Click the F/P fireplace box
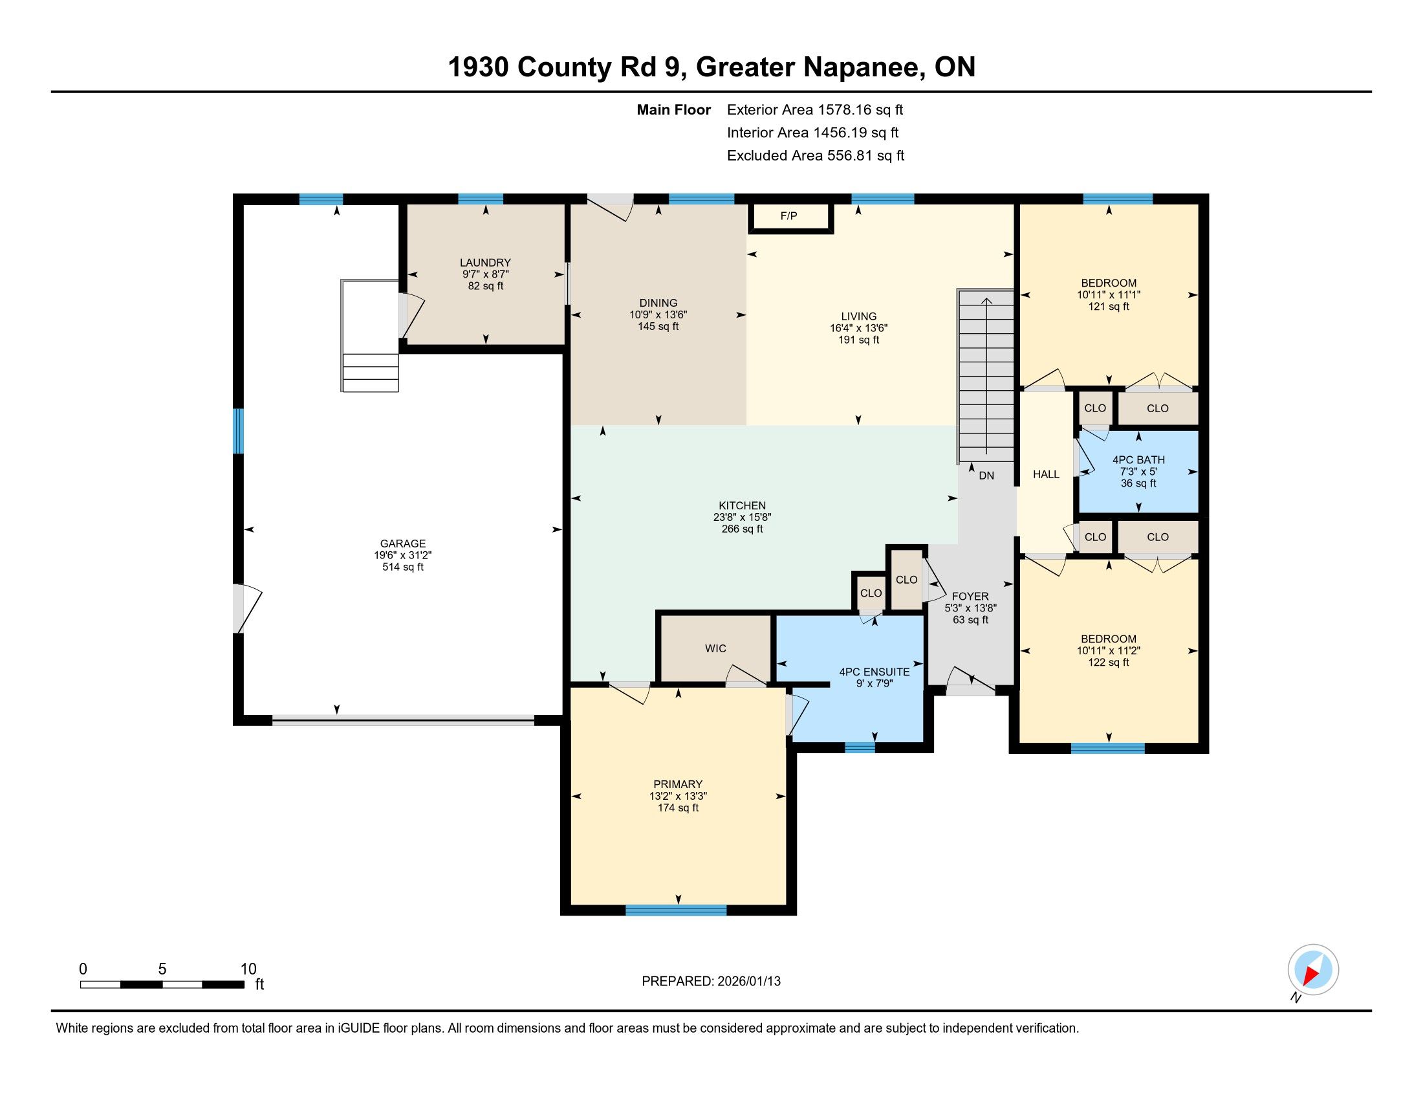[x=790, y=217]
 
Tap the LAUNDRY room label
[x=485, y=263]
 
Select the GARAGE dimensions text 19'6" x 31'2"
[x=403, y=555]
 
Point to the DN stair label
[x=986, y=476]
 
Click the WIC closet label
[x=715, y=648]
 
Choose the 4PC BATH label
[x=1138, y=460]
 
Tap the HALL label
[x=1046, y=474]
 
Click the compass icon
[x=1313, y=970]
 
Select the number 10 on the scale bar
[x=248, y=969]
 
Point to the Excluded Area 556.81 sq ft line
[x=816, y=156]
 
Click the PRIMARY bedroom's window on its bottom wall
[x=676, y=910]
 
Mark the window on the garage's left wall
[x=239, y=431]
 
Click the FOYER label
[x=970, y=597]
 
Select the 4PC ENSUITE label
[x=874, y=672]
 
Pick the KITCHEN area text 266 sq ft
[x=742, y=529]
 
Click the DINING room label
[x=658, y=303]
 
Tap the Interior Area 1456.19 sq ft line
[x=812, y=133]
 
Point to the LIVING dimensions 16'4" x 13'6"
[x=859, y=329]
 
